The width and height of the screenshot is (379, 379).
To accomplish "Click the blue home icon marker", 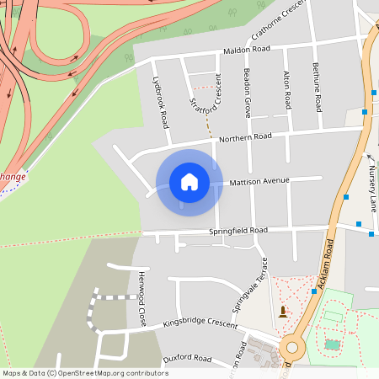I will tap(189, 181).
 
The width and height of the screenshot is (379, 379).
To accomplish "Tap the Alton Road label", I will tap(287, 90).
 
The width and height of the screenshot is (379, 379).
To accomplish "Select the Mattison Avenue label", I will tap(259, 181).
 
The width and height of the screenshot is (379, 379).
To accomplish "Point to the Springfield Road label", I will tap(238, 230).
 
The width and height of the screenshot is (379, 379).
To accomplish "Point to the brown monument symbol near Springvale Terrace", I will tap(281, 311).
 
